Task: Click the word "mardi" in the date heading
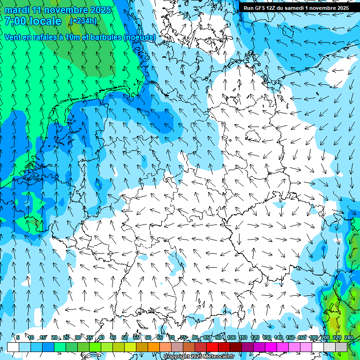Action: click(x=18, y=10)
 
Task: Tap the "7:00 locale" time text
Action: click(x=33, y=21)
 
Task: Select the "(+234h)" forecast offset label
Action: click(x=83, y=21)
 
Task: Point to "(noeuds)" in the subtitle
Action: click(x=139, y=37)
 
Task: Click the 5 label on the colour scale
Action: click(x=17, y=337)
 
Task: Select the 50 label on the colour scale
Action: click(x=124, y=337)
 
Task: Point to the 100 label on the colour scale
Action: click(x=231, y=337)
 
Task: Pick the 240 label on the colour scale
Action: click(x=348, y=337)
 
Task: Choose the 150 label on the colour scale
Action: click(x=290, y=337)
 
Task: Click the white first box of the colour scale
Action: click(x=13, y=347)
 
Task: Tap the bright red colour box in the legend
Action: click(x=212, y=347)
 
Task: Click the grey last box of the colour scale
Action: click(x=342, y=347)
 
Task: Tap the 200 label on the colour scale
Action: click(x=325, y=337)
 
